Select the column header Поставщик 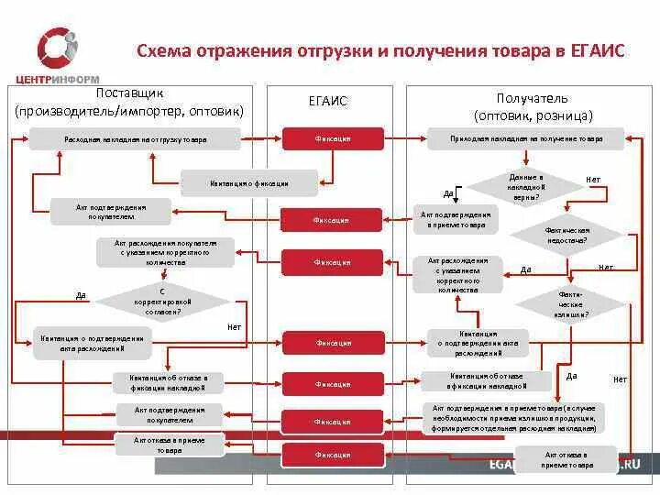pyautogui.click(x=129, y=94)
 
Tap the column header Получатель pyautogui.click(x=533, y=98)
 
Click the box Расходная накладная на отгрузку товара pyautogui.click(x=135, y=139)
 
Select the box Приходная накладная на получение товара pyautogui.click(x=525, y=139)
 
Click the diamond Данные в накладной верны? pyautogui.click(x=525, y=186)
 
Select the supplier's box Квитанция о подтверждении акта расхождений pyautogui.click(x=93, y=343)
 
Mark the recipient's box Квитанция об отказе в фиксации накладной pyautogui.click(x=487, y=381)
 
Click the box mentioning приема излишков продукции pyautogui.click(x=512, y=417)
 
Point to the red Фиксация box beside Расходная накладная pyautogui.click(x=331, y=139)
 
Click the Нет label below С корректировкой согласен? pyautogui.click(x=234, y=327)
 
